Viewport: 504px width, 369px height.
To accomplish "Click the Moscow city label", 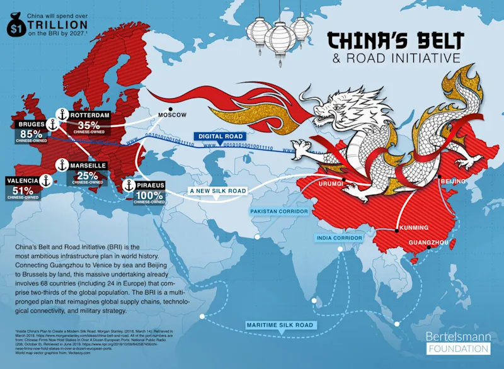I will pyautogui.click(x=172, y=115).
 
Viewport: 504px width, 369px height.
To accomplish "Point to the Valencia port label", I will pyautogui.click(x=22, y=181).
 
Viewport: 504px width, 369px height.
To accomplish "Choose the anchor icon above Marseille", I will pyautogui.click(x=61, y=165).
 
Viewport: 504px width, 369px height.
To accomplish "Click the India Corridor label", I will pyautogui.click(x=339, y=239).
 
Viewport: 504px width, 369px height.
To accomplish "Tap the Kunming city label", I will pyautogui.click(x=413, y=227).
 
